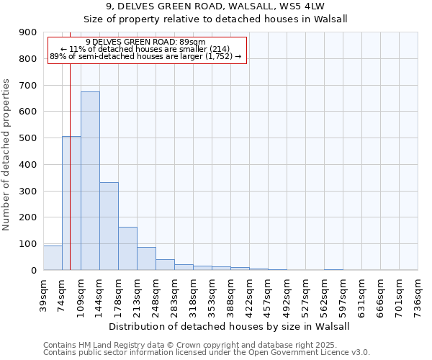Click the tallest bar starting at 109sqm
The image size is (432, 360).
(90, 181)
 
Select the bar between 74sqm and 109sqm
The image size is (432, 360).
(71, 203)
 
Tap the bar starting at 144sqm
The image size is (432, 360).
(109, 226)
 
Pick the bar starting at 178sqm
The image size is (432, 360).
(127, 248)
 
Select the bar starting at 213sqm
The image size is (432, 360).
(146, 258)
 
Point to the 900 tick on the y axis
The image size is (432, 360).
(30, 32)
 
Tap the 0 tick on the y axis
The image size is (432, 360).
(34, 270)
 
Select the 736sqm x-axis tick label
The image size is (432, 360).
(418, 293)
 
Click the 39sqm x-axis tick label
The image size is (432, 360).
(44, 293)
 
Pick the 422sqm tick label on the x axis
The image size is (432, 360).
(250, 293)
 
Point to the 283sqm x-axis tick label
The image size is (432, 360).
(175, 293)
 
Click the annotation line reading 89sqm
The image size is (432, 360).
(145, 42)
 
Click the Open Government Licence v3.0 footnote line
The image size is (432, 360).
(206, 353)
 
